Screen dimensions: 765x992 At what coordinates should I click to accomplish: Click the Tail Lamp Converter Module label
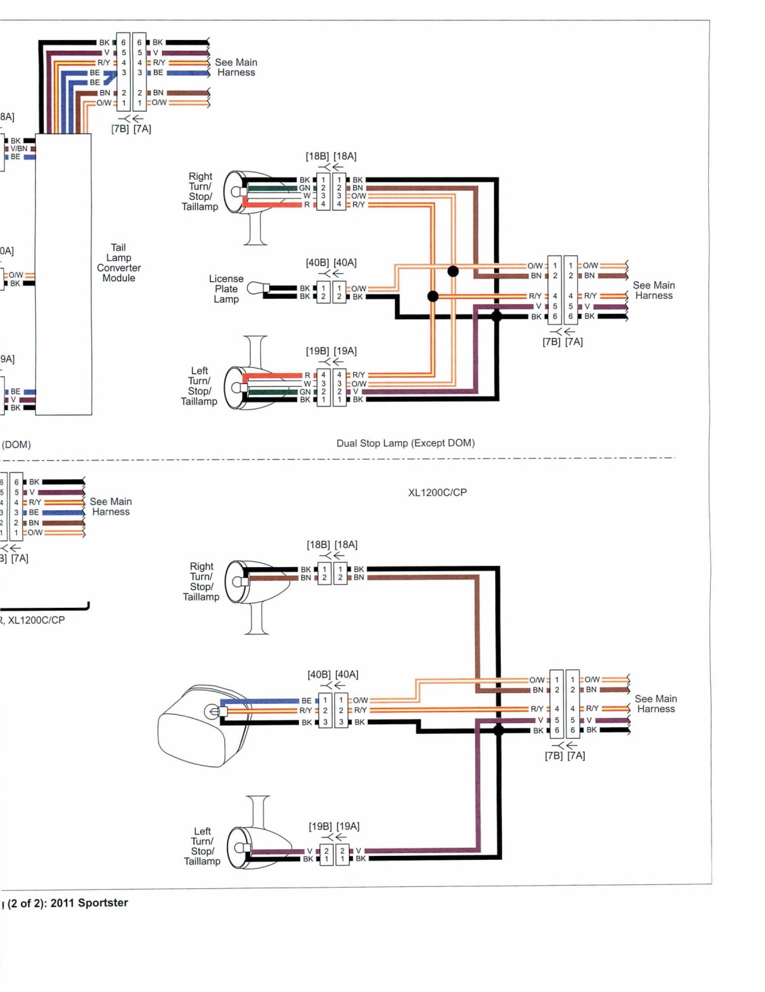(x=119, y=262)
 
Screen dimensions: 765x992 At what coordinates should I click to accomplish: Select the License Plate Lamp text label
(x=226, y=289)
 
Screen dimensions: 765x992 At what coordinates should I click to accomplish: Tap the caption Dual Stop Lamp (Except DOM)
(x=405, y=443)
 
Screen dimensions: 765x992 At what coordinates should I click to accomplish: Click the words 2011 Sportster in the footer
(x=89, y=903)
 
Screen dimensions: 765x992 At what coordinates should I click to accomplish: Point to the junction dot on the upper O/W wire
(x=453, y=271)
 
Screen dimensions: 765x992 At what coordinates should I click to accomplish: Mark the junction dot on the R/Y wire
(x=433, y=296)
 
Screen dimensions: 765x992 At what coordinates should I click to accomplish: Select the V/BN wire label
(x=19, y=148)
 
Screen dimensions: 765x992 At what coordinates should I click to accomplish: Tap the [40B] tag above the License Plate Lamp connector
(x=317, y=262)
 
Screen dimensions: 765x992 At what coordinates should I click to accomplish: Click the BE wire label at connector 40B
(x=306, y=700)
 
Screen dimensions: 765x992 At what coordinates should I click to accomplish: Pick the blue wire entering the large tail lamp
(x=260, y=701)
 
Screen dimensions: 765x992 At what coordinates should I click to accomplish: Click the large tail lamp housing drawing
(x=201, y=726)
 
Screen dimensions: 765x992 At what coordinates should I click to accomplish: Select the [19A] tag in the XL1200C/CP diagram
(x=348, y=826)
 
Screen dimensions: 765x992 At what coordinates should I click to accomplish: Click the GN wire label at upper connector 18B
(x=304, y=188)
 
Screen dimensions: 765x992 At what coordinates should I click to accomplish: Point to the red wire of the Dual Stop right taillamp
(x=273, y=204)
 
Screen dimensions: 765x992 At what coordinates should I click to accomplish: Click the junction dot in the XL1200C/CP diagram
(x=499, y=730)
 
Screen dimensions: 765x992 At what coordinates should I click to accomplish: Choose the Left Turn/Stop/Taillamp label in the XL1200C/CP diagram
(x=202, y=846)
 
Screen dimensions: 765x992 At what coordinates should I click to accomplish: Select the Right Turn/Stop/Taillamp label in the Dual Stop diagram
(x=200, y=191)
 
